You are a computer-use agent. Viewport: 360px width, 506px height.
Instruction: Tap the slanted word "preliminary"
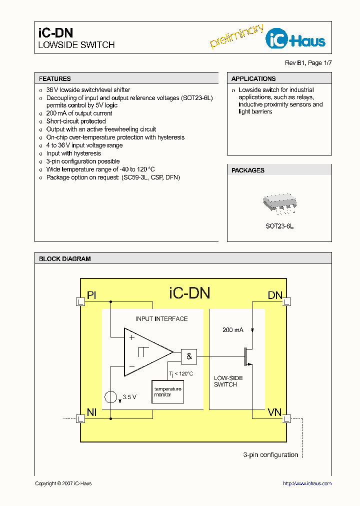click(x=236, y=36)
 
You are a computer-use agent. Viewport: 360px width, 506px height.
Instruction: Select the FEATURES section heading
click(x=55, y=79)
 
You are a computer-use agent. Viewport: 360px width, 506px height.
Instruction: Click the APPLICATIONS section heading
click(x=253, y=79)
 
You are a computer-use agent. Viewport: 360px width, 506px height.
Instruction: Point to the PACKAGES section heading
click(x=248, y=170)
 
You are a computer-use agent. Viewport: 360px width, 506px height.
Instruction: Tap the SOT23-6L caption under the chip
click(x=279, y=226)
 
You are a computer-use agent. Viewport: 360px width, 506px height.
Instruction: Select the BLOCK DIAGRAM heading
click(x=65, y=259)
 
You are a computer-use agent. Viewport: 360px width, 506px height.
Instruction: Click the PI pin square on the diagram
click(x=80, y=301)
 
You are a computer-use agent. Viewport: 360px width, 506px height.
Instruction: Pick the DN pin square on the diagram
click(x=286, y=301)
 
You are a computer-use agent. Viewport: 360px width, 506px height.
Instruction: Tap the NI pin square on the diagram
click(x=80, y=418)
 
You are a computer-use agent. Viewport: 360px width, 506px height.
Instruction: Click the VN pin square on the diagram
click(x=286, y=418)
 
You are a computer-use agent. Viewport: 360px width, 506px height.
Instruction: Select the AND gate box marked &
click(x=189, y=356)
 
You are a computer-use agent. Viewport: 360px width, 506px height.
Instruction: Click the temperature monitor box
click(x=167, y=391)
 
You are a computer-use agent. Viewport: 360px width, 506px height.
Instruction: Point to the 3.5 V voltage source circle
click(x=110, y=397)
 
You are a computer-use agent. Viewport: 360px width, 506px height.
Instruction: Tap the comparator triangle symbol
click(x=145, y=352)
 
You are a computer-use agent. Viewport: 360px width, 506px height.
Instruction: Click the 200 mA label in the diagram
click(x=233, y=330)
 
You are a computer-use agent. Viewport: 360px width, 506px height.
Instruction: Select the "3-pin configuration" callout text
click(x=270, y=454)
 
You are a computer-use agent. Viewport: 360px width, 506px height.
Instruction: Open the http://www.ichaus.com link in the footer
click(x=307, y=483)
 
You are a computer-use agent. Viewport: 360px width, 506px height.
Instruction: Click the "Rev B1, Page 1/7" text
click(x=308, y=63)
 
